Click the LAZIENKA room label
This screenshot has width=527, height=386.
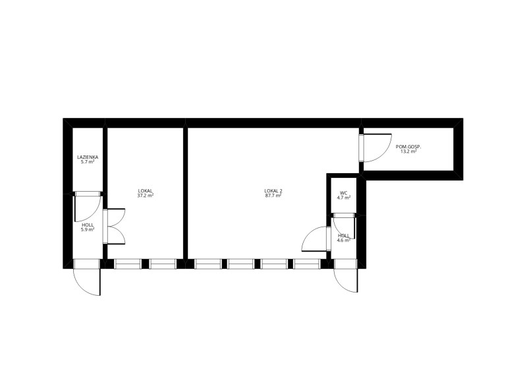pos(88,157)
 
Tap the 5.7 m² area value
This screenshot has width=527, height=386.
pos(88,161)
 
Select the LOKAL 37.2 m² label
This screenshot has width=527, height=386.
pos(145,193)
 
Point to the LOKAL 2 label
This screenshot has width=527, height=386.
pos(273,191)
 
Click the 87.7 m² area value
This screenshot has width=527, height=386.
pos(273,196)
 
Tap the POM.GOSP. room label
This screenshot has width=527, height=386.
pos(408,146)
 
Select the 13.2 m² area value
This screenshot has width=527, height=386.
pos(408,152)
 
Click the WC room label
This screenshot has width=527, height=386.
pos(343,193)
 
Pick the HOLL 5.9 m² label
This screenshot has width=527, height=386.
pos(88,227)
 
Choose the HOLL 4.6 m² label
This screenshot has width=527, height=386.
pos(344,238)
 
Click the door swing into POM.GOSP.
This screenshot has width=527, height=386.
pos(375,148)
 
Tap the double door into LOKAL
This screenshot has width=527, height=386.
pos(114,227)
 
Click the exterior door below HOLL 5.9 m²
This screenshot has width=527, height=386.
pos(87,277)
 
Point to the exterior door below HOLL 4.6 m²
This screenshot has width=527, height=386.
pos(345,275)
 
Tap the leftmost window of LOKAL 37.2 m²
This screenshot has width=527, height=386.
pos(128,263)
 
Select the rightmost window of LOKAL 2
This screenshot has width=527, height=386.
pos(307,263)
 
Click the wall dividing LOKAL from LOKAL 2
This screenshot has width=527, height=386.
pos(185,193)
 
